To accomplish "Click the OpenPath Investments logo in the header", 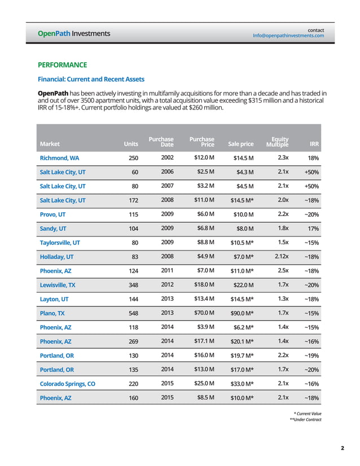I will click(73, 33).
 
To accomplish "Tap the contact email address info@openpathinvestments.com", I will click(288, 36).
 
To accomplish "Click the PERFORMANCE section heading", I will click(62, 65).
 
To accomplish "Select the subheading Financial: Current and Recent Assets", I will click(91, 80).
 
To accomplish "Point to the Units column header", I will click(130, 144).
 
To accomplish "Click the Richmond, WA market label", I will click(59, 158).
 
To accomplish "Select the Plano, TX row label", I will click(51, 313).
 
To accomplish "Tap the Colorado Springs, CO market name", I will click(66, 384).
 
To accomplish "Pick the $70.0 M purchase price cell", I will click(204, 313).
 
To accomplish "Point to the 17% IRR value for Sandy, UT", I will click(313, 228).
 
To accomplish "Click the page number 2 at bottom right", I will click(343, 449).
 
